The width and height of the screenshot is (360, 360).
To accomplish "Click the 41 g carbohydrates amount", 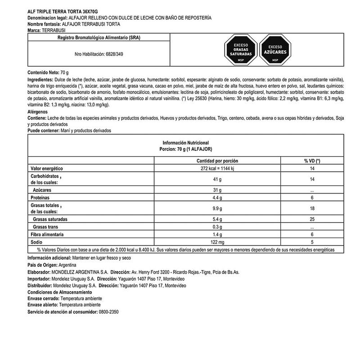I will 217,180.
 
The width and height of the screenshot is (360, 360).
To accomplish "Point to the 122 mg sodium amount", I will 217,242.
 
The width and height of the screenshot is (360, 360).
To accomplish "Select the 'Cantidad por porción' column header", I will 217,161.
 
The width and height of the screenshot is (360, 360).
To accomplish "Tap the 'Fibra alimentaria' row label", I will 47,235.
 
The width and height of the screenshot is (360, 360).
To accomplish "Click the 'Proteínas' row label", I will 40,198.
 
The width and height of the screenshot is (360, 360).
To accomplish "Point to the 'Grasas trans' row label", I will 47,227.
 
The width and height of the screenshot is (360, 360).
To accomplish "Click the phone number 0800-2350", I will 110,311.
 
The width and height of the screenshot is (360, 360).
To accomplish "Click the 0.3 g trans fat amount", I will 217,227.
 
